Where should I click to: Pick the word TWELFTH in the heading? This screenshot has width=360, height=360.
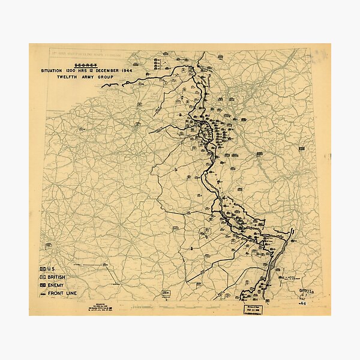(x=64, y=77)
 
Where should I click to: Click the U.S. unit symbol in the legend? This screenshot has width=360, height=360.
(x=43, y=268)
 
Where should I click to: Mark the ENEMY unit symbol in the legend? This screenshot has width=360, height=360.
(x=43, y=284)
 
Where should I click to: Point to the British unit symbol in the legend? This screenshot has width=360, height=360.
(x=43, y=277)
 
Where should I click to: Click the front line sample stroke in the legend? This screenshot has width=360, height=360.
(x=43, y=292)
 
